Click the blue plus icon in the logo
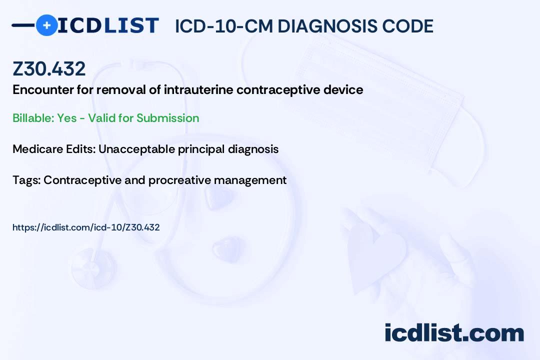tap(46, 25)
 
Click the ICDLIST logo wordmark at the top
tap(108, 25)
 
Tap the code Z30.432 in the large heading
tap(49, 69)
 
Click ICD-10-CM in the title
tap(223, 26)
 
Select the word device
tap(346, 90)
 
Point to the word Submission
tap(167, 118)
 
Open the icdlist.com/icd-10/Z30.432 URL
tap(86, 227)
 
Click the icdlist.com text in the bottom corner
tap(454, 333)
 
